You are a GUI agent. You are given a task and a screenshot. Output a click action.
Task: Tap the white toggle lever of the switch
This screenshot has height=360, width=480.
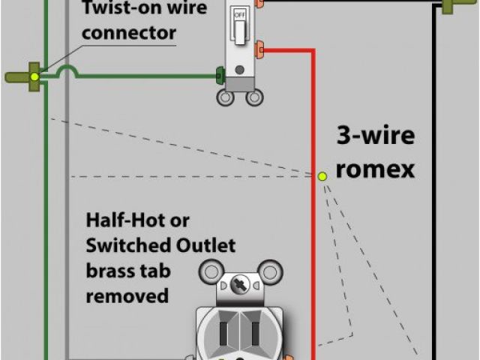coord(240,31)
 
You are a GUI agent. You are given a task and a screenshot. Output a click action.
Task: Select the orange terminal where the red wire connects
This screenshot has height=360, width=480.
coord(260,50)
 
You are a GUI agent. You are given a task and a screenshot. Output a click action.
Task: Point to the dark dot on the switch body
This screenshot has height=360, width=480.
coord(239,70)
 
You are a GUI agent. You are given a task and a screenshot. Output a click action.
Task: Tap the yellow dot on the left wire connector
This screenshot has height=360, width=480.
coord(34,76)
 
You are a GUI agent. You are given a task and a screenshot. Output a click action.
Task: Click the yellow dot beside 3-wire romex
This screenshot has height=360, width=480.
coord(322,176)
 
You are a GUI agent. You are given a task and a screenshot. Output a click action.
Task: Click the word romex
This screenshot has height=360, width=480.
coord(375,169)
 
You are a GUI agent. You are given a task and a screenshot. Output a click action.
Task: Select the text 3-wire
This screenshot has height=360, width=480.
coord(375,137)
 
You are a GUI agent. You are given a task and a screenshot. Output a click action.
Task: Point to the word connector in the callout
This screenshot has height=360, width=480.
coord(128,33)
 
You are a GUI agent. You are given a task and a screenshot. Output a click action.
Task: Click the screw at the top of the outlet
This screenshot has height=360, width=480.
coord(239,286)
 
